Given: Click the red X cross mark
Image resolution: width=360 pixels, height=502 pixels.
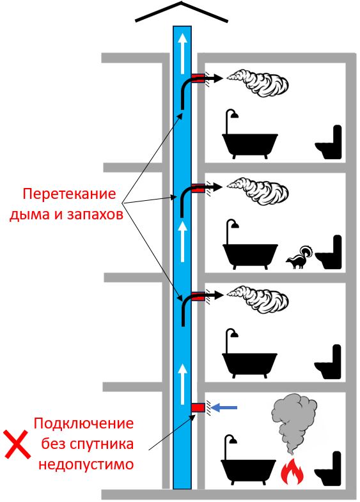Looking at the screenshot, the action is pyautogui.click(x=17, y=444).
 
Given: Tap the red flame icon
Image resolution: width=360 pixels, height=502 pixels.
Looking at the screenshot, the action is pyautogui.click(x=292, y=471).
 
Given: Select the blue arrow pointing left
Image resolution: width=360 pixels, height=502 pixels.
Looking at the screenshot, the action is pyautogui.click(x=224, y=407).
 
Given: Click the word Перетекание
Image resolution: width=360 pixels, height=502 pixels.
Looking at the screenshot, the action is pyautogui.click(x=69, y=194).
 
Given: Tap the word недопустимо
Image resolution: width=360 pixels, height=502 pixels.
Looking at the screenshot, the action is pyautogui.click(x=86, y=464).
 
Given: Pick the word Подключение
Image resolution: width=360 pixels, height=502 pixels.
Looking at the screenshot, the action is pyautogui.click(x=84, y=423).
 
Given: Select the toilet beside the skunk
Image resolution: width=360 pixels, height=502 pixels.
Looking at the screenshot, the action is pyautogui.click(x=329, y=252).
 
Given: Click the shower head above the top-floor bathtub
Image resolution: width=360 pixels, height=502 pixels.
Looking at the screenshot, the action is pyautogui.click(x=235, y=114).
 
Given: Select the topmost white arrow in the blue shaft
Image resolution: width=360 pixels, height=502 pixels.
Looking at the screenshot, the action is pyautogui.click(x=182, y=54).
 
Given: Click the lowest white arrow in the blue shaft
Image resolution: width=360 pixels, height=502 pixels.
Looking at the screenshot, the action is pyautogui.click(x=182, y=384).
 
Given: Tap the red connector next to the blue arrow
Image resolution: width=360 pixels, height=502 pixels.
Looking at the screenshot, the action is pyautogui.click(x=198, y=407).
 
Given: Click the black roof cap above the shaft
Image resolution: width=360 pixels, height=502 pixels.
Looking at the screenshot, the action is pyautogui.click(x=182, y=12).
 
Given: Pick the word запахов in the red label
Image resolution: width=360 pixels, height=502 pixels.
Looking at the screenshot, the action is pyautogui.click(x=95, y=214).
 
